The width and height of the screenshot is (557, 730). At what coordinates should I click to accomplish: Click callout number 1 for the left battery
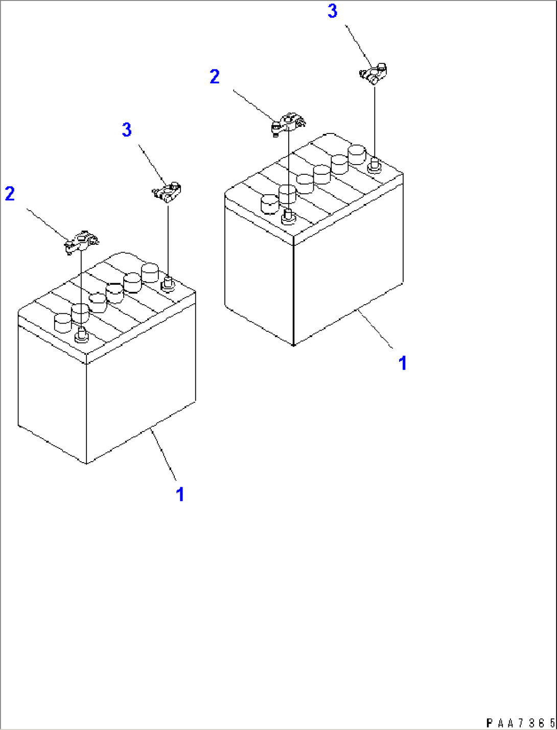tap(180, 494)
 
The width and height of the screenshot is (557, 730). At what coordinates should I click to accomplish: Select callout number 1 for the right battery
tap(403, 363)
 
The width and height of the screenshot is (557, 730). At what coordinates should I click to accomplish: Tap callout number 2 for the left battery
tap(10, 194)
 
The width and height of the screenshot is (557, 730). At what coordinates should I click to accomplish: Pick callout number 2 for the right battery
tap(215, 77)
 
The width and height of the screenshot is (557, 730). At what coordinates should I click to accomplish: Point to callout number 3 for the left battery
tap(127, 130)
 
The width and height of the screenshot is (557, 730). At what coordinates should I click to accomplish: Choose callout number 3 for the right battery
tap(333, 11)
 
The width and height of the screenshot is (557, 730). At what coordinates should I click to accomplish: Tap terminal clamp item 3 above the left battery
tap(168, 192)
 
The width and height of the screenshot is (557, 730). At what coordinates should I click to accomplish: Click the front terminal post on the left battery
tap(81, 336)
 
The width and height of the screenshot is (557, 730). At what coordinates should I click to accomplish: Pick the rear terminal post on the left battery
tap(168, 283)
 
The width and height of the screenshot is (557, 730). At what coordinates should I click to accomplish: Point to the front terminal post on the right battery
tap(288, 217)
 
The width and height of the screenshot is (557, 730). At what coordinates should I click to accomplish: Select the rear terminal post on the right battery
tap(374, 165)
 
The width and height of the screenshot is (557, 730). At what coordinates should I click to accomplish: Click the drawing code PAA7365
tap(519, 723)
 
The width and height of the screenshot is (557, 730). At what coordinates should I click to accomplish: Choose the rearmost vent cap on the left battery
tap(150, 272)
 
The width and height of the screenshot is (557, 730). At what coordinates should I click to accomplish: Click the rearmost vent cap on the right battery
tap(357, 153)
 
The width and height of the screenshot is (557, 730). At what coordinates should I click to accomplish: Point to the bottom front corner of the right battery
tap(293, 346)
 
